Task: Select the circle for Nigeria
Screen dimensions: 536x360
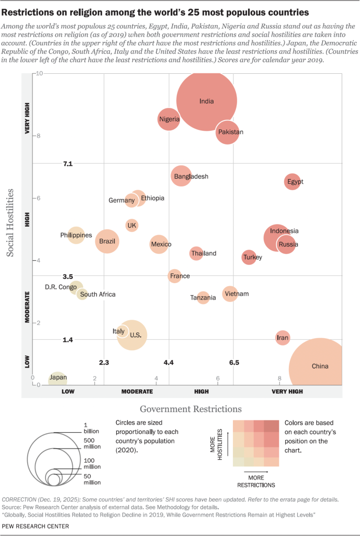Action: (x=169, y=119)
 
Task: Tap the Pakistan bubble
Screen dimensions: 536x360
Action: (x=230, y=132)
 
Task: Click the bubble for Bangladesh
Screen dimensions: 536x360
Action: (x=181, y=176)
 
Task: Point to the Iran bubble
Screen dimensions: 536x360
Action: (x=283, y=338)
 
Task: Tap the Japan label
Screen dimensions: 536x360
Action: (x=58, y=377)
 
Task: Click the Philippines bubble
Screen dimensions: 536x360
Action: (x=76, y=236)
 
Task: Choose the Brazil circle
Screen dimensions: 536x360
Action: (x=107, y=242)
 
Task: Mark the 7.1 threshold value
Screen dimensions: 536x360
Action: (x=67, y=164)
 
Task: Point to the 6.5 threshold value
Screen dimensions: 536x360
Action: (x=234, y=362)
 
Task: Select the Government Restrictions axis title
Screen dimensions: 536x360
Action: (x=190, y=408)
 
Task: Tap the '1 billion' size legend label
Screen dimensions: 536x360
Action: (x=91, y=429)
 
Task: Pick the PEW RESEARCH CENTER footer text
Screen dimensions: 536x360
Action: (x=36, y=526)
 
